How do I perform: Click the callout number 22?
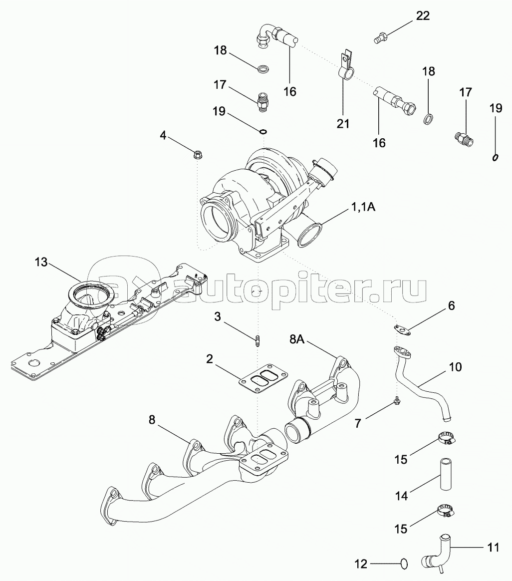pos(423,15)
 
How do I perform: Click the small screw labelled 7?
pos(397,400)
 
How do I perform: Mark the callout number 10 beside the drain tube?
pos(455,367)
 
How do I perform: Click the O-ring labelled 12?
pos(403,564)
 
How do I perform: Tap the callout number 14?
pos(401,496)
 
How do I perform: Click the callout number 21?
pos(343,123)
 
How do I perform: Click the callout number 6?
pos(451,305)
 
